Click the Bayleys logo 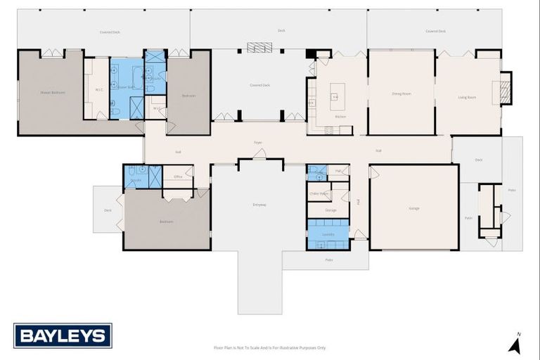click(63, 335)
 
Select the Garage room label click(414, 208)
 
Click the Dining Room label click(401, 94)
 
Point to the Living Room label click(467, 97)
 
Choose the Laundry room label click(328, 233)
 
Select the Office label click(178, 176)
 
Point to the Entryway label click(259, 205)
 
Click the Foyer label click(258, 143)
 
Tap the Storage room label click(330, 210)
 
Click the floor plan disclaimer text click(270, 347)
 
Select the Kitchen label click(340, 116)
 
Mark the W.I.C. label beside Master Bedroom click(99, 89)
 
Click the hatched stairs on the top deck click(259, 47)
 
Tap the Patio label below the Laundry click(328, 260)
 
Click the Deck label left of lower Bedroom click(108, 210)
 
